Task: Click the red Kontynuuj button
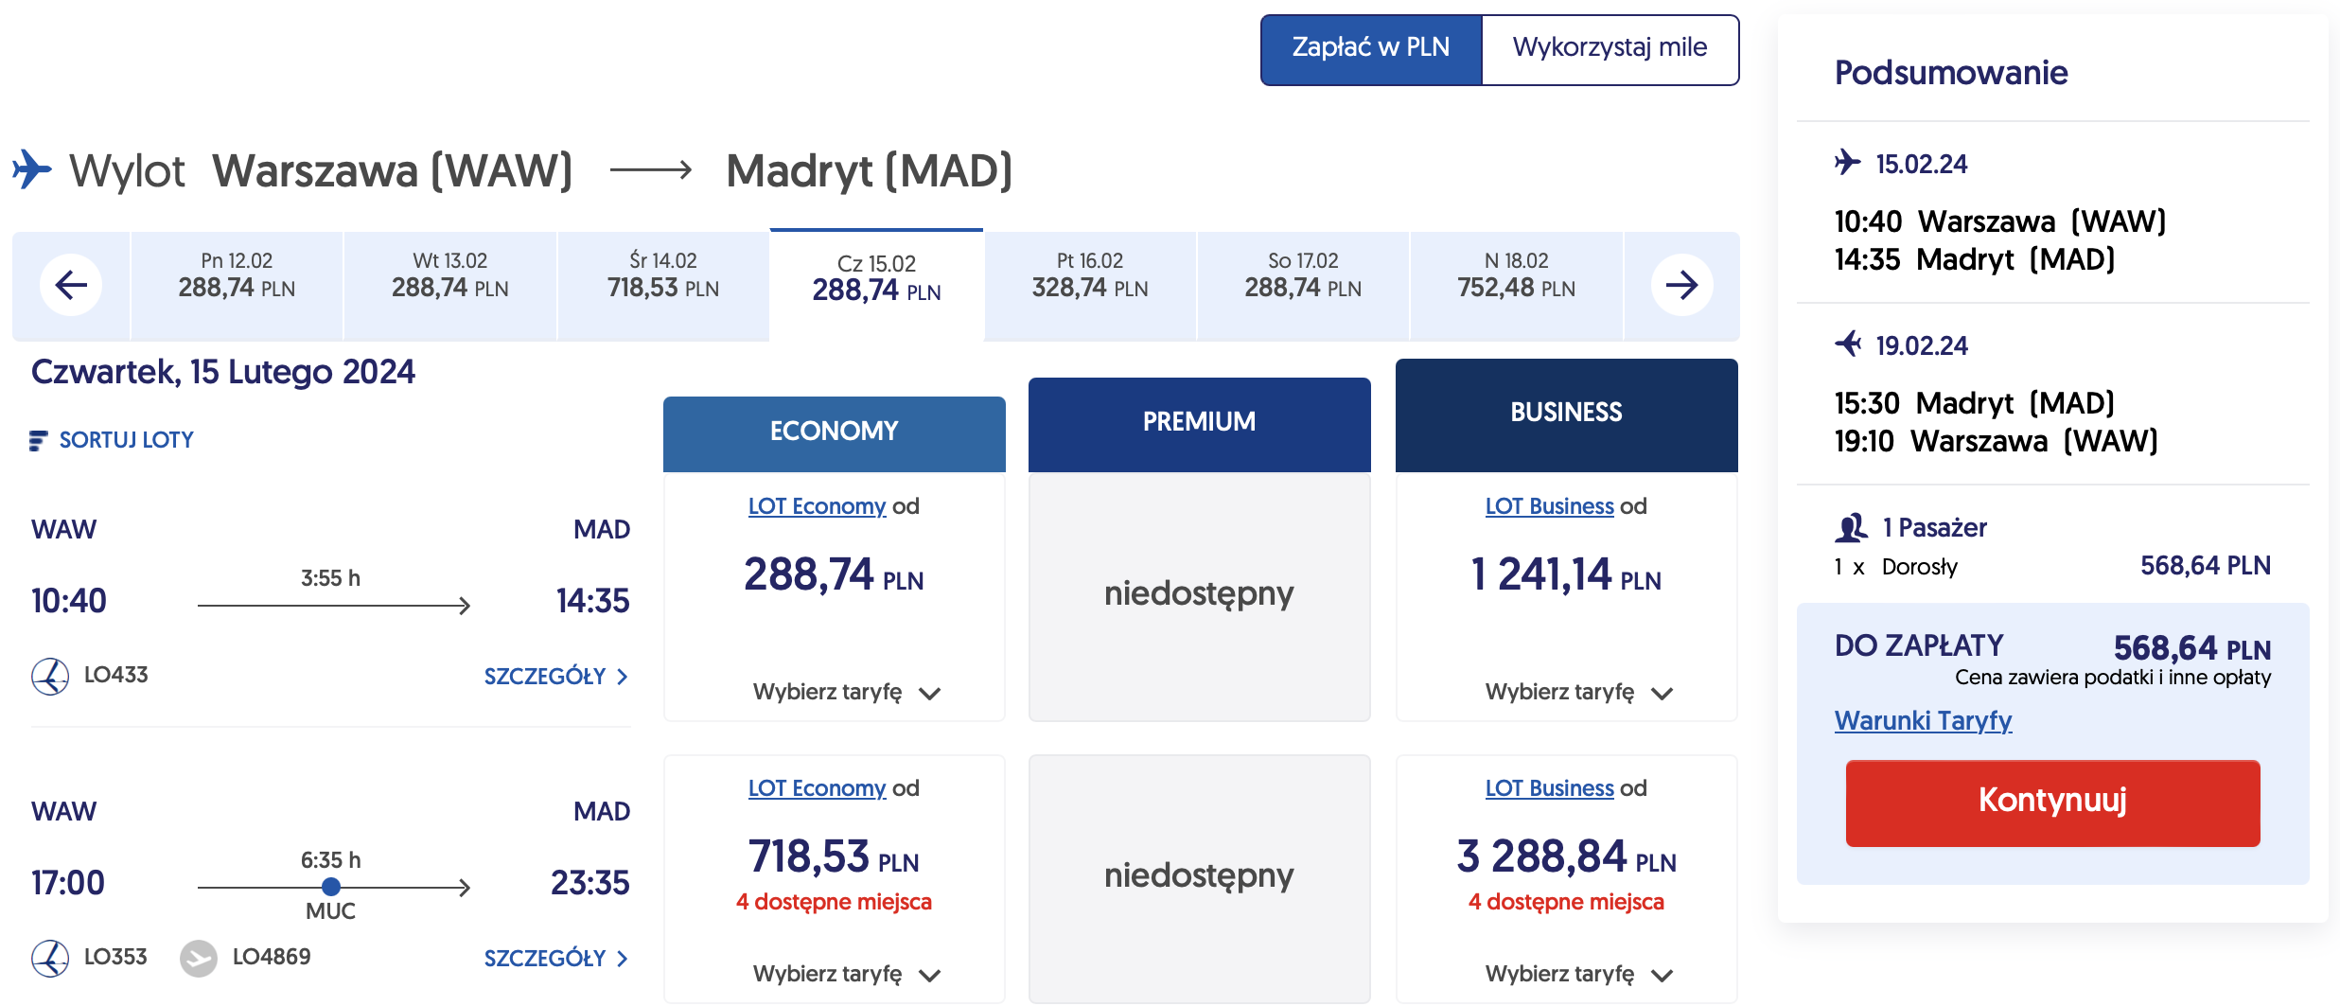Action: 2052,802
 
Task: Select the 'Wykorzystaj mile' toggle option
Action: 1610,48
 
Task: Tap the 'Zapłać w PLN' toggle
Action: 1370,48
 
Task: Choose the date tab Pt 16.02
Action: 1090,276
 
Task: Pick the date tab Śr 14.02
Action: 663,276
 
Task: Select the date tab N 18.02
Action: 1516,276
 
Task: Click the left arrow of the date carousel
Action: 71,284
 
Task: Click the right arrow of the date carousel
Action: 1681,284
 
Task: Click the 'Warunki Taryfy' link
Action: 1923,721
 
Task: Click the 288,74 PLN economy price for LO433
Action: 834,575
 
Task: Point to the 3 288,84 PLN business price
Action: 1566,857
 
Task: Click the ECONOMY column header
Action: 834,432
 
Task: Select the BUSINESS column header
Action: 1566,414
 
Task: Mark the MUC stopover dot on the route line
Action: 330,887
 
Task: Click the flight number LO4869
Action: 272,957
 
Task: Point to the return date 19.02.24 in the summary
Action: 1922,346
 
